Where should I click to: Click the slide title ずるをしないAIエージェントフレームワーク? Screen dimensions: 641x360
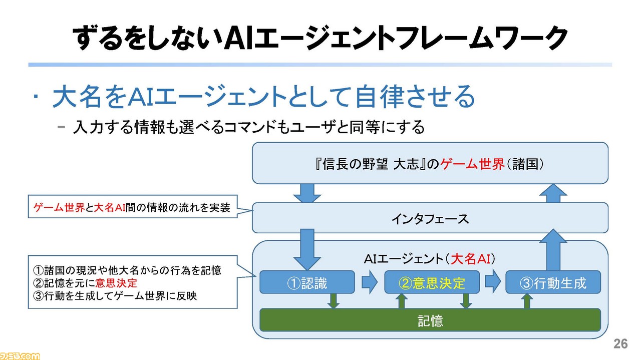[320, 38]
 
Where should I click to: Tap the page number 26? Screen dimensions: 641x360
[620, 343]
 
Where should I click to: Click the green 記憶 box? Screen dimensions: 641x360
[430, 320]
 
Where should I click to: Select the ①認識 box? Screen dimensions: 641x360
[307, 282]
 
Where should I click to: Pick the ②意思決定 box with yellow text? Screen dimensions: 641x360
[432, 282]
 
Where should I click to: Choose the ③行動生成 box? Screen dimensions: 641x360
[553, 282]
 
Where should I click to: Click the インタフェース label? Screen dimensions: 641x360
[430, 219]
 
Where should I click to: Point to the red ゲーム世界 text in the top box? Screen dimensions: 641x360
[472, 164]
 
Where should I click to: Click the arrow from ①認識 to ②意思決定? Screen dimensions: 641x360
[370, 282]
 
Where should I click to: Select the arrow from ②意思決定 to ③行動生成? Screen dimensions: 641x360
[493, 282]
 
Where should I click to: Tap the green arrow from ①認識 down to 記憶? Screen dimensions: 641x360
[334, 301]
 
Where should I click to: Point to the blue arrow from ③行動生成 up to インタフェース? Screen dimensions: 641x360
[553, 250]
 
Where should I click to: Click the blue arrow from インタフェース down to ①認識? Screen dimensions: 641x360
[307, 250]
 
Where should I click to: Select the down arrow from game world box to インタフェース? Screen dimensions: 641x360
[307, 193]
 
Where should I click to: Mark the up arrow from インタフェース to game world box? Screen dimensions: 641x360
[553, 193]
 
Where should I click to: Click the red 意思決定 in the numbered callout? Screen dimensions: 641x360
[116, 283]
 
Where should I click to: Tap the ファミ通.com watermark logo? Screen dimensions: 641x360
[20, 356]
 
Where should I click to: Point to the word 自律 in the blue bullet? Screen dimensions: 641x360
[379, 96]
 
